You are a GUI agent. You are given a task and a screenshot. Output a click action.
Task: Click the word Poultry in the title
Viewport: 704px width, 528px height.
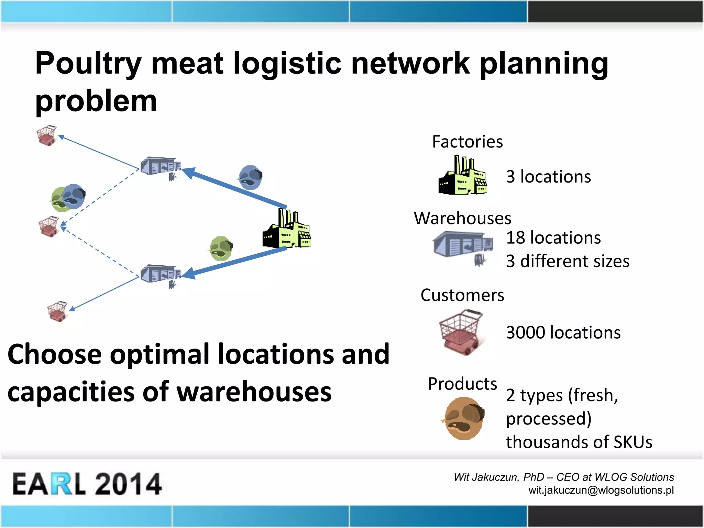(88, 64)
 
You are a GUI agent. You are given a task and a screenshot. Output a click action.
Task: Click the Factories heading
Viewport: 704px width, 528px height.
(467, 142)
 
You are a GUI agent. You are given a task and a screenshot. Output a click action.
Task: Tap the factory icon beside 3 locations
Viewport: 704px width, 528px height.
(463, 176)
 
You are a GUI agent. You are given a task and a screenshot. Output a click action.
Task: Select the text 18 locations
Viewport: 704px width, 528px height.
(553, 238)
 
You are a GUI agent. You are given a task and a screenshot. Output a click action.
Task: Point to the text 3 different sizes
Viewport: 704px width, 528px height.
(568, 261)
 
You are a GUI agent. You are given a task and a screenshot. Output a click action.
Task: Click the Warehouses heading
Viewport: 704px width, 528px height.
(462, 218)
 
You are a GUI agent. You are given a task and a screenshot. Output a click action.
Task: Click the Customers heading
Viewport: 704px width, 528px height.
(462, 295)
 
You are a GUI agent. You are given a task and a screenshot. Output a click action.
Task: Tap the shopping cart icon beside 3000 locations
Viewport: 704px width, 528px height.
(461, 332)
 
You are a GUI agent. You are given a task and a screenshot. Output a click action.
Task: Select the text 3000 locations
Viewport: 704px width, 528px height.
(563, 333)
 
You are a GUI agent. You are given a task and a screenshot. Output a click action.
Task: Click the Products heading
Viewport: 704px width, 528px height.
(462, 384)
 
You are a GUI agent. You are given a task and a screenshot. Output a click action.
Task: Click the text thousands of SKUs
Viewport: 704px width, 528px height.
(579, 442)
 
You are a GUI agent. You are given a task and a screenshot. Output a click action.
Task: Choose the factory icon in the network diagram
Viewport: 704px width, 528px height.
(287, 229)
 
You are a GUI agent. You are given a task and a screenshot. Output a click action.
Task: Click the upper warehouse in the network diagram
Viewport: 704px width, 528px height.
(160, 166)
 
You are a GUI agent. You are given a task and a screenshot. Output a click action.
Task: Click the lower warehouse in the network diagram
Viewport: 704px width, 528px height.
(160, 274)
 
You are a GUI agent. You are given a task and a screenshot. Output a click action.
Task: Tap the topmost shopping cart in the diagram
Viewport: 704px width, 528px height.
(47, 135)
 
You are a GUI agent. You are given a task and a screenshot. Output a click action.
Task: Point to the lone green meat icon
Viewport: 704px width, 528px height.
(221, 248)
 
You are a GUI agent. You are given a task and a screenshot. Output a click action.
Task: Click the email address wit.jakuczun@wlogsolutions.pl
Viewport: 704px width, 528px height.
(601, 490)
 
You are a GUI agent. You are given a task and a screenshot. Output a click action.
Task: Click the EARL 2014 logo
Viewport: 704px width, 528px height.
(87, 484)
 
